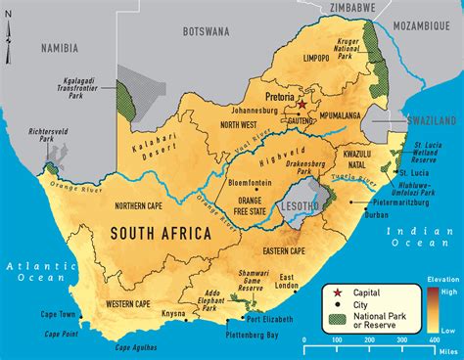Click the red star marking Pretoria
(x=302, y=104)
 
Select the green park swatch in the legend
(x=335, y=316)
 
